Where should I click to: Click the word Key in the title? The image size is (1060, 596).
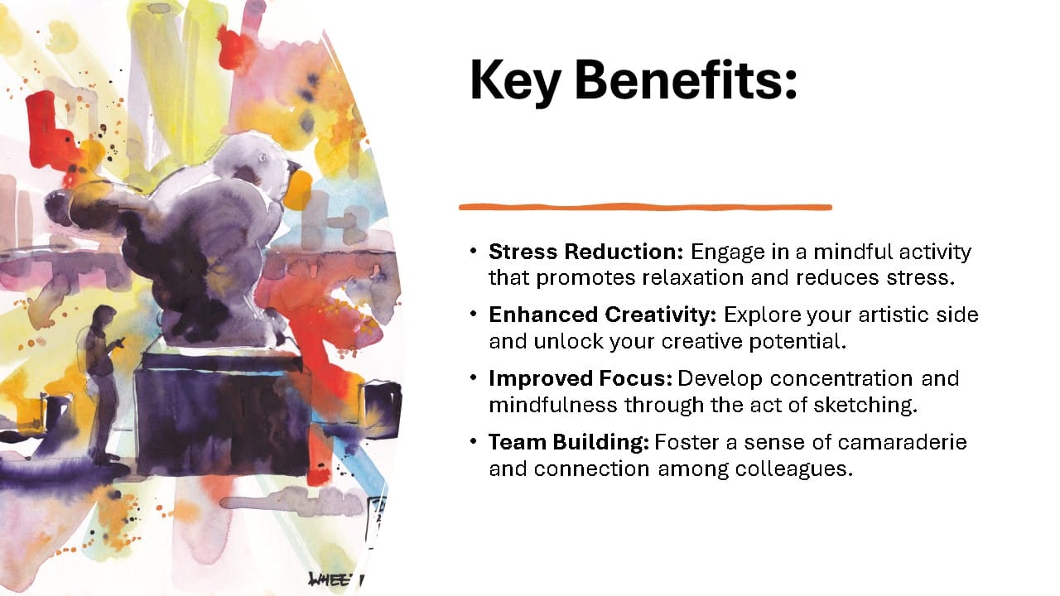click(515, 81)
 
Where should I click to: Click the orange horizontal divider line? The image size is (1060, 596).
click(645, 207)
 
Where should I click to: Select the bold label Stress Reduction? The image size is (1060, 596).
click(586, 251)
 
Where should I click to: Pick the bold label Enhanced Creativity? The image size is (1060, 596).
click(603, 315)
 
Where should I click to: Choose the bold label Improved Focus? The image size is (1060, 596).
click(581, 378)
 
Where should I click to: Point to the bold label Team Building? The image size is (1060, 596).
click(569, 442)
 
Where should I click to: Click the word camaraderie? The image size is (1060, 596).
click(903, 442)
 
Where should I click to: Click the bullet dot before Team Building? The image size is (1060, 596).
click(473, 441)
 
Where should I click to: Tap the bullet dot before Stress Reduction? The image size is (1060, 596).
click(473, 251)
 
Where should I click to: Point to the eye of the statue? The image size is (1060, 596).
click(262, 158)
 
